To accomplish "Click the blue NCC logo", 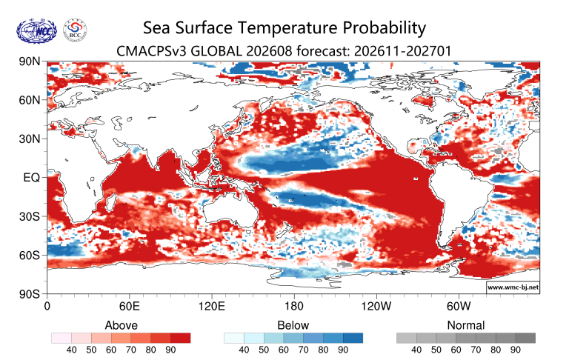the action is coord(36,31).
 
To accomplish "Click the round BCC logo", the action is coord(75,30).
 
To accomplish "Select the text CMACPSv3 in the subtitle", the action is coord(152,51).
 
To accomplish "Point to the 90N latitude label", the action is coord(30,61).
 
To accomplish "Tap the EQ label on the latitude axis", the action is coord(32,178).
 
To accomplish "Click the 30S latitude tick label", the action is coord(30,216).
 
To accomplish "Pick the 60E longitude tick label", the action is coord(129,306).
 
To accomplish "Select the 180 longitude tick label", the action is coord(293,306).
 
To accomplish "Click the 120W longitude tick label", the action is coord(376,306).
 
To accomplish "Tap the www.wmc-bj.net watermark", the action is coord(513,287).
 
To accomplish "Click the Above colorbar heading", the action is coord(122,325).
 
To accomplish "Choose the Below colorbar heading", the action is coord(293,325).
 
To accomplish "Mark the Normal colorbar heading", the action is coord(466,325).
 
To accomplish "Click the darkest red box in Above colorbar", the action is coord(180,339).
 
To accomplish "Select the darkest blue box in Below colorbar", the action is coord(353,339).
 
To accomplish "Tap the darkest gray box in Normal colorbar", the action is coord(525,339).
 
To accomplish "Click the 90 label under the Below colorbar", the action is coord(343,350).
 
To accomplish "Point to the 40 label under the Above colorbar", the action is coord(71,350).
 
